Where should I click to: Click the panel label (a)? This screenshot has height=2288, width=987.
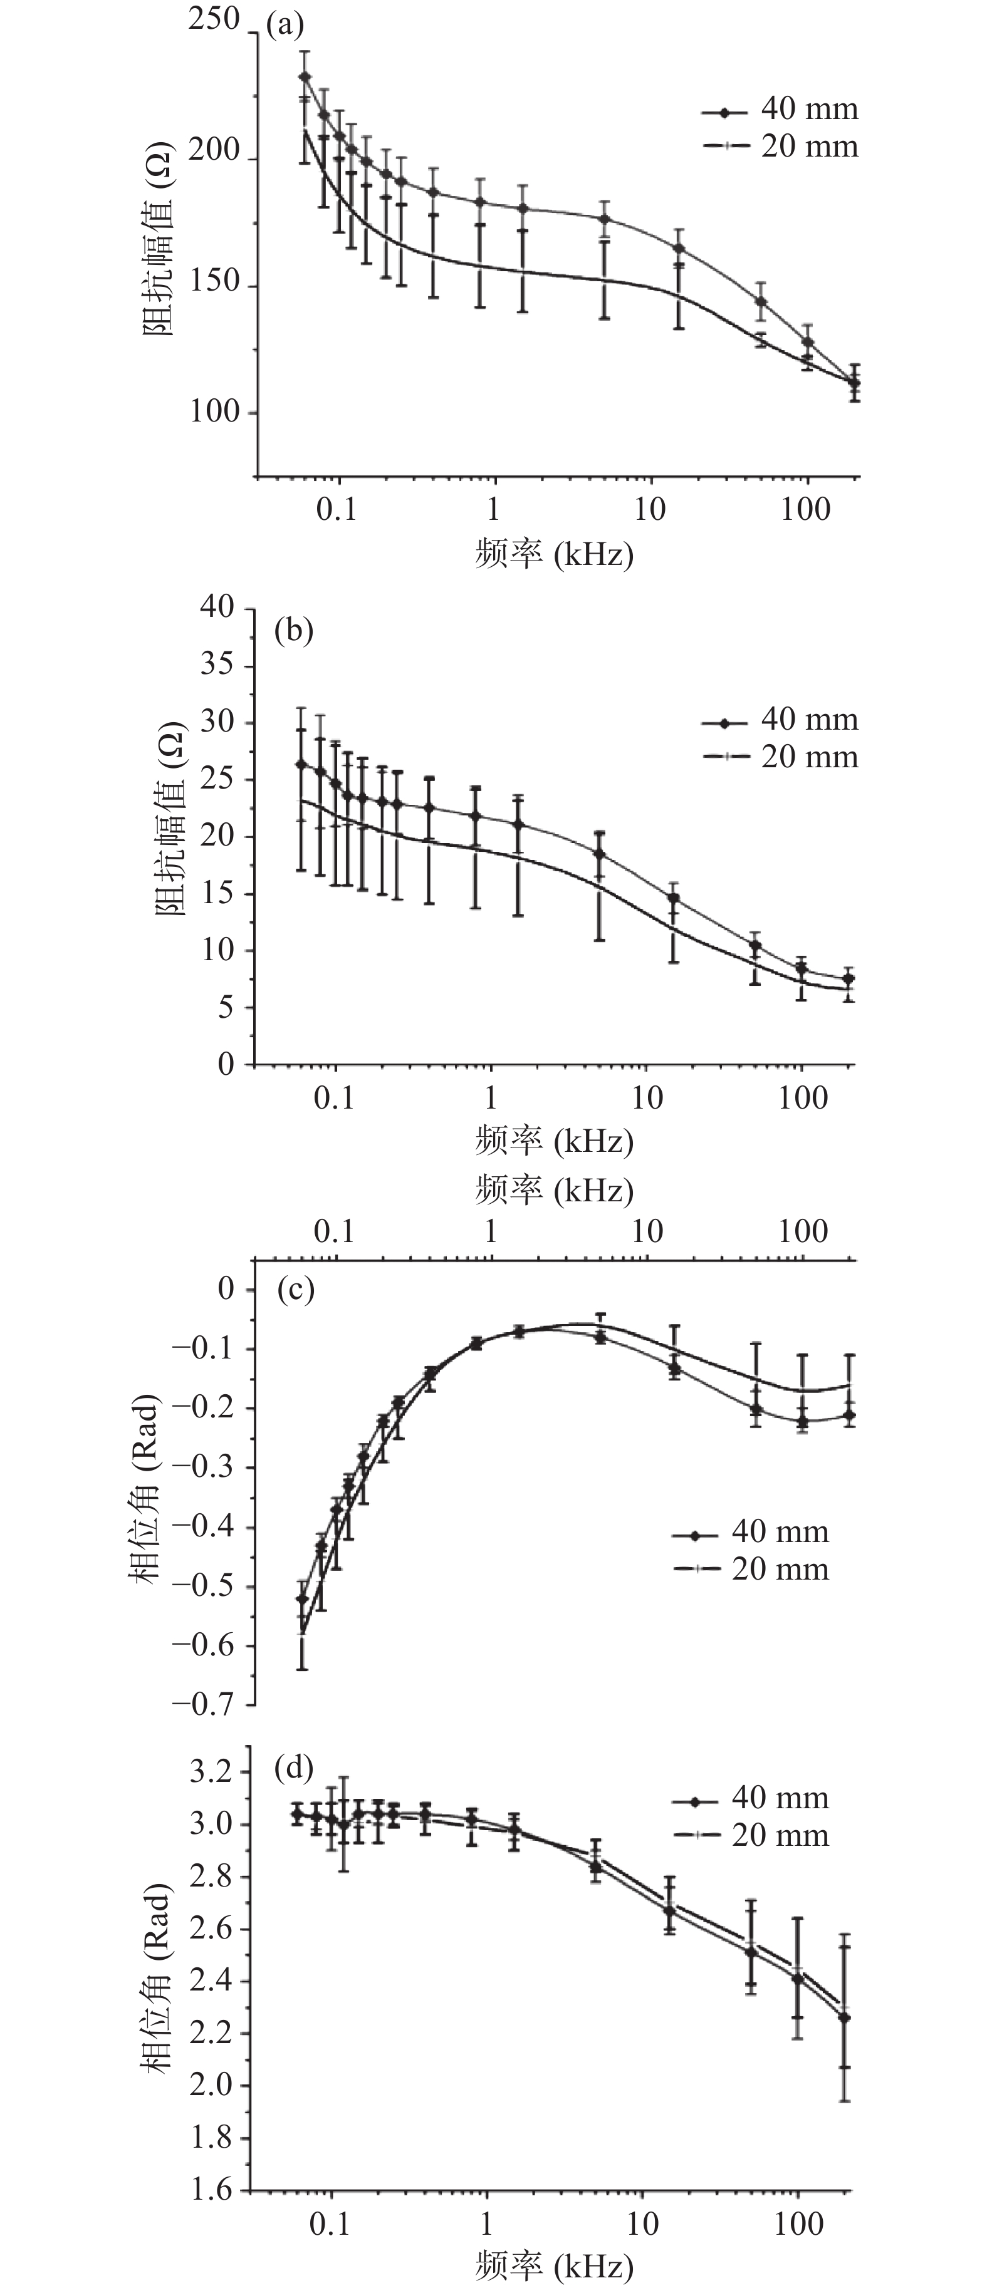pyautogui.click(x=285, y=25)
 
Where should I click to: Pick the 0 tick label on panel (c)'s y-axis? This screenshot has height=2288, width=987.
pyautogui.click(x=226, y=1289)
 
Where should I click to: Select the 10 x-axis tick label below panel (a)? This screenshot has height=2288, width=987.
pyautogui.click(x=649, y=509)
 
